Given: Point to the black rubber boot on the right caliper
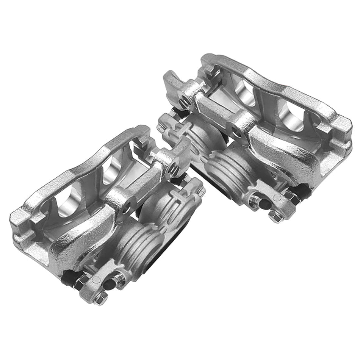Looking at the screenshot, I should click(303, 189).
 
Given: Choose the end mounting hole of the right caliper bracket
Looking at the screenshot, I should click(185, 100).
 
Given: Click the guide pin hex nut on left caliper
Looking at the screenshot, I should click(80, 282).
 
